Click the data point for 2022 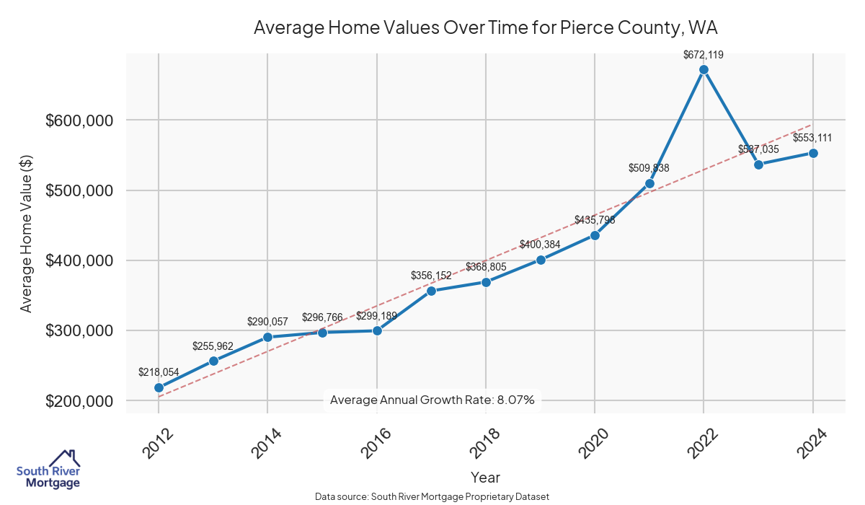tap(704, 69)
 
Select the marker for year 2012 tap(159, 387)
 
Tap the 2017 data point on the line tap(431, 291)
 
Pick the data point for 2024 tap(813, 153)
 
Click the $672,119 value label tap(704, 54)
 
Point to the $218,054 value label tap(159, 372)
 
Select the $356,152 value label tap(431, 276)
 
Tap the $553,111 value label tap(815, 138)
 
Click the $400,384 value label tap(540, 245)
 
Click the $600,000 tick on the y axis tap(80, 120)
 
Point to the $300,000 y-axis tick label tap(80, 331)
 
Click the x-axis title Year tap(485, 478)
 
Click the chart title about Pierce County tap(486, 28)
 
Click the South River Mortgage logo tap(48, 470)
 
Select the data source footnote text tap(432, 497)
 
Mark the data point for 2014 tap(267, 337)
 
